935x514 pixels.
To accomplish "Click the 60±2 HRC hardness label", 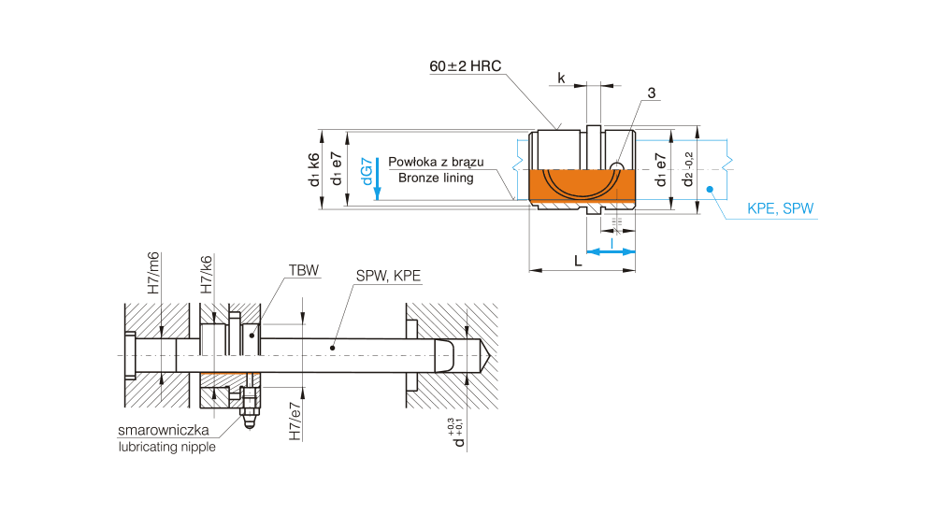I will pyautogui.click(x=466, y=67).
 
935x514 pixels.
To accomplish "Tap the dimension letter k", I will pyautogui.click(x=561, y=79).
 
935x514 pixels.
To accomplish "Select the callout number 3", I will pyautogui.click(x=651, y=93).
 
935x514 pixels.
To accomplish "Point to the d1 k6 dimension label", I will pyautogui.click(x=314, y=169).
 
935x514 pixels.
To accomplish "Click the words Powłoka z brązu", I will pyautogui.click(x=436, y=162).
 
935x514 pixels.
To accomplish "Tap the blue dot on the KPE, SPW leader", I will pyautogui.click(x=710, y=190).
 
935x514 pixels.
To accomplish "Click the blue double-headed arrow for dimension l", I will pyautogui.click(x=611, y=251).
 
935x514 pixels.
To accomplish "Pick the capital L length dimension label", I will pyautogui.click(x=579, y=262).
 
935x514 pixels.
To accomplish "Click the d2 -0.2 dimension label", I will pyautogui.click(x=689, y=169).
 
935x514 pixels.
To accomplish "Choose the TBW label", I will pyautogui.click(x=304, y=270).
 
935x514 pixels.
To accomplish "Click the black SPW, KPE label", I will pyautogui.click(x=388, y=277).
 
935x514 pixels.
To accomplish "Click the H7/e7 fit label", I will pyautogui.click(x=295, y=422).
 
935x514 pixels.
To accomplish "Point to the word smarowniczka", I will pyautogui.click(x=163, y=431).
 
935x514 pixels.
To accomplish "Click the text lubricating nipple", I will pyautogui.click(x=166, y=447).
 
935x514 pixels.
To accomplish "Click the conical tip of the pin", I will pyautogui.click(x=488, y=356).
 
